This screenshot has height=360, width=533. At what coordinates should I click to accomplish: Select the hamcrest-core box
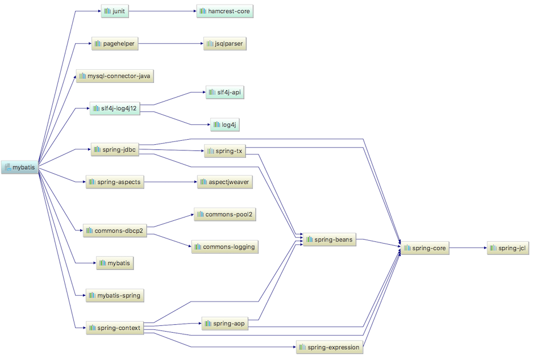pyautogui.click(x=225, y=11)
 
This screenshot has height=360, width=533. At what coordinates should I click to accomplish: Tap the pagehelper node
pyautogui.click(x=115, y=43)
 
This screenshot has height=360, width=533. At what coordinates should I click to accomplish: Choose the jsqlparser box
pyautogui.click(x=225, y=44)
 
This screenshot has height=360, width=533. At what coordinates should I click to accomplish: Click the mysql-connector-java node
pyautogui.click(x=115, y=76)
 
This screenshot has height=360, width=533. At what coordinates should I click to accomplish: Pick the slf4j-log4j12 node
pyautogui.click(x=115, y=108)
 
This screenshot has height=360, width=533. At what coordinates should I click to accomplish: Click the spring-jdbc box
pyautogui.click(x=115, y=150)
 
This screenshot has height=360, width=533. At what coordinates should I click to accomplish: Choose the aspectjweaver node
pyautogui.click(x=225, y=182)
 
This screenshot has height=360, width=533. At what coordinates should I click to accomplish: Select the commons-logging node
pyautogui.click(x=225, y=246)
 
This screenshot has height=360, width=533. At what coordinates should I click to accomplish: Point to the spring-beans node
pyautogui.click(x=330, y=240)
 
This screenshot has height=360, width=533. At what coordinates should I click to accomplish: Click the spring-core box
pyautogui.click(x=426, y=248)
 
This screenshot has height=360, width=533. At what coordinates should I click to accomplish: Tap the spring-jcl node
pyautogui.click(x=509, y=248)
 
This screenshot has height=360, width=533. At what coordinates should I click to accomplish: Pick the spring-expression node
pyautogui.click(x=330, y=346)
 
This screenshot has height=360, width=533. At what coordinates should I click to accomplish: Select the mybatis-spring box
pyautogui.click(x=114, y=295)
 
